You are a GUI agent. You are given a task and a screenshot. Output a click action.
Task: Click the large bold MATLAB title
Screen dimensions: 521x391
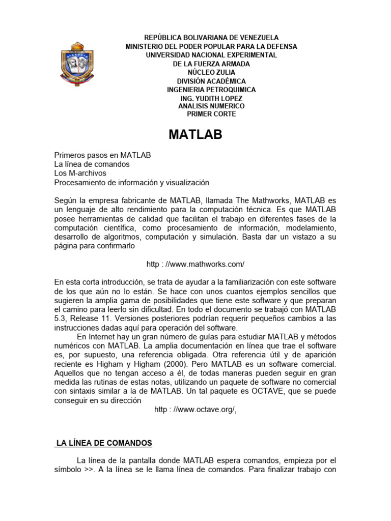pyautogui.click(x=195, y=134)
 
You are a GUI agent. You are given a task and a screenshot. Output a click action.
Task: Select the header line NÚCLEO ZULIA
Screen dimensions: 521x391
pyautogui.click(x=211, y=72)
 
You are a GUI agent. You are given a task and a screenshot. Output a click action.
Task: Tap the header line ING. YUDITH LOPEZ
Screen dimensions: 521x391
pyautogui.click(x=211, y=98)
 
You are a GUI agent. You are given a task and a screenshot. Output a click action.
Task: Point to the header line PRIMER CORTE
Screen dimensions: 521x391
pyautogui.click(x=211, y=114)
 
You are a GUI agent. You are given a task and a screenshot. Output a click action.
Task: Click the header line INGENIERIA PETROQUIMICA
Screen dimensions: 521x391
pyautogui.click(x=211, y=90)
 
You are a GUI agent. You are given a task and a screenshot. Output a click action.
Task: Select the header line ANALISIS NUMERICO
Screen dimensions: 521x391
pyautogui.click(x=211, y=106)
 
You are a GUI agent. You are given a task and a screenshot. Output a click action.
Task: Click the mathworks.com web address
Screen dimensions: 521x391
pyautogui.click(x=195, y=264)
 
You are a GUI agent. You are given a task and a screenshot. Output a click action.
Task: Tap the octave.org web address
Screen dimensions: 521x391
pyautogui.click(x=195, y=411)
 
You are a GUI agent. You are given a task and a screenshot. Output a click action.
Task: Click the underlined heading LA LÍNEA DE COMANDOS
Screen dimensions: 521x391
pyautogui.click(x=104, y=443)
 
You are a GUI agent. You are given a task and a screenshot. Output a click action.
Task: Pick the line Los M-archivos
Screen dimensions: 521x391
pyautogui.click(x=80, y=173)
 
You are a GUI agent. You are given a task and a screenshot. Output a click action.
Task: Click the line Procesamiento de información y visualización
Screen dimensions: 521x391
pyautogui.click(x=131, y=182)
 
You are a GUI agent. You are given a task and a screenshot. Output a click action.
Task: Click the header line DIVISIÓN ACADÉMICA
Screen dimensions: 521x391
pyautogui.click(x=211, y=81)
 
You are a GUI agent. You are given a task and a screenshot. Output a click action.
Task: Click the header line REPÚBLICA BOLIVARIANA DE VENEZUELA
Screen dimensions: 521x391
pyautogui.click(x=211, y=38)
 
